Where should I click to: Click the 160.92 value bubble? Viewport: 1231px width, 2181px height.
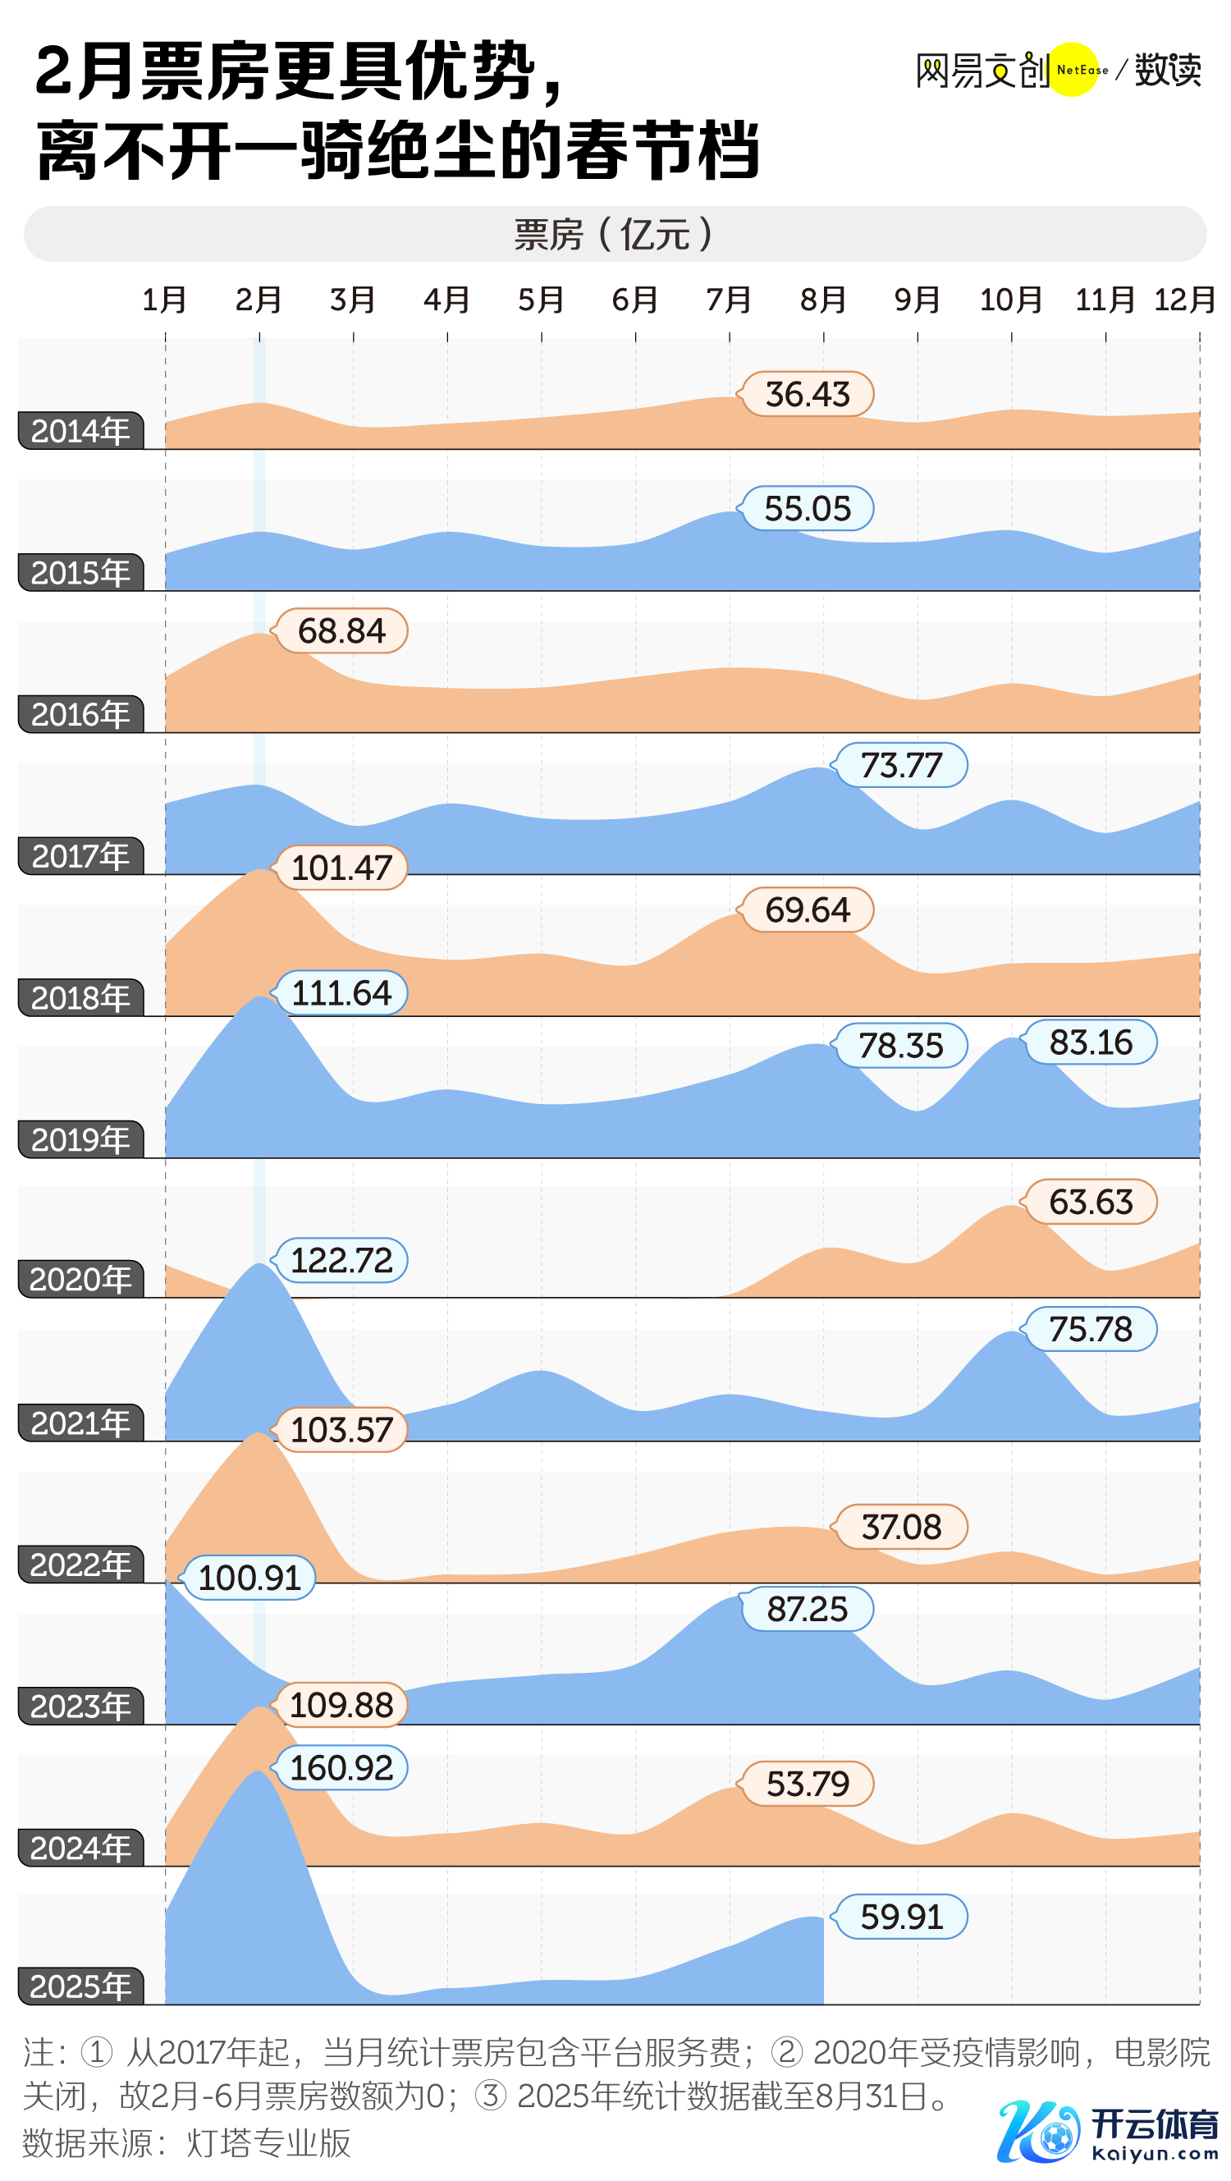coord(341,1767)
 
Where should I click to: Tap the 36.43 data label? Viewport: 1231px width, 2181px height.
coord(807,394)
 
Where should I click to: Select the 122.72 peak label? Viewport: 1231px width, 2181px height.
coord(341,1260)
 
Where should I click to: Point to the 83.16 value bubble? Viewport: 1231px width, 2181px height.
coord(1090,1042)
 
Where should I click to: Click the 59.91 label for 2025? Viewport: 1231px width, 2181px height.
coord(901,1916)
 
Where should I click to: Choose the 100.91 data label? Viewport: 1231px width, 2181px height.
coord(249,1578)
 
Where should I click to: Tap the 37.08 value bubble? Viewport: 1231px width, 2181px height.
coord(901,1527)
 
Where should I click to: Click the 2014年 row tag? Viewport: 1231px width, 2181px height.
coord(80,431)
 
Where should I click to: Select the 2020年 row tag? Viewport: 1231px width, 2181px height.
coord(80,1278)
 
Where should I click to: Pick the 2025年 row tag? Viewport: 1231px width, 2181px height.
coord(80,1986)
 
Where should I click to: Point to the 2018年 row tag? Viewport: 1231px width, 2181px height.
coord(80,997)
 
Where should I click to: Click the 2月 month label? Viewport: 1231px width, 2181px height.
coord(259,300)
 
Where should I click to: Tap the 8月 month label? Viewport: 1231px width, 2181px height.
coord(823,300)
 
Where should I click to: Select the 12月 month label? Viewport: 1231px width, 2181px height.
coord(1184,300)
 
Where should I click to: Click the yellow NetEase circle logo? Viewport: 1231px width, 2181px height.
coord(1073,70)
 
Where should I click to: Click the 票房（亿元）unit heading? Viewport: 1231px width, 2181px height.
coord(615,234)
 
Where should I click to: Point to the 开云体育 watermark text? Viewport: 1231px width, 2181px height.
coord(1154,2124)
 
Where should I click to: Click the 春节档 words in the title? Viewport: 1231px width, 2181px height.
coord(662,151)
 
